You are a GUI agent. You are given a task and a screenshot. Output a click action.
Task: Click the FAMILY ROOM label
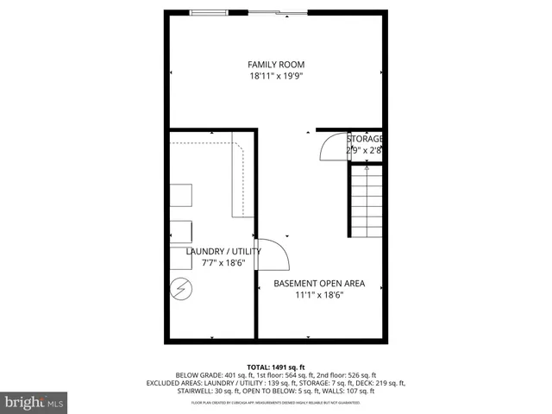(x=276, y=65)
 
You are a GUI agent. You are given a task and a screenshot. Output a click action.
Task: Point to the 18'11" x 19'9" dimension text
(x=276, y=76)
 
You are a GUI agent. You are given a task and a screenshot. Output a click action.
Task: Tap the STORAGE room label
(x=365, y=139)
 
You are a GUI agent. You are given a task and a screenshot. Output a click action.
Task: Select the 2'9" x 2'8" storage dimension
(x=364, y=150)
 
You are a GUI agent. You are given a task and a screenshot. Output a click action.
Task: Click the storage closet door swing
(x=332, y=148)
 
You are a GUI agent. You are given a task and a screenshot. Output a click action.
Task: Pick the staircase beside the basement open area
(x=366, y=202)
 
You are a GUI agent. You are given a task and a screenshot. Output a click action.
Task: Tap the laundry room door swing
(x=273, y=254)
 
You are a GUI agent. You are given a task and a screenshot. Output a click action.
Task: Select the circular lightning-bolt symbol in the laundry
(x=182, y=289)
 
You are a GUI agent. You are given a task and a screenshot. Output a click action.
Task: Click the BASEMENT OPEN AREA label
(x=319, y=283)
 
